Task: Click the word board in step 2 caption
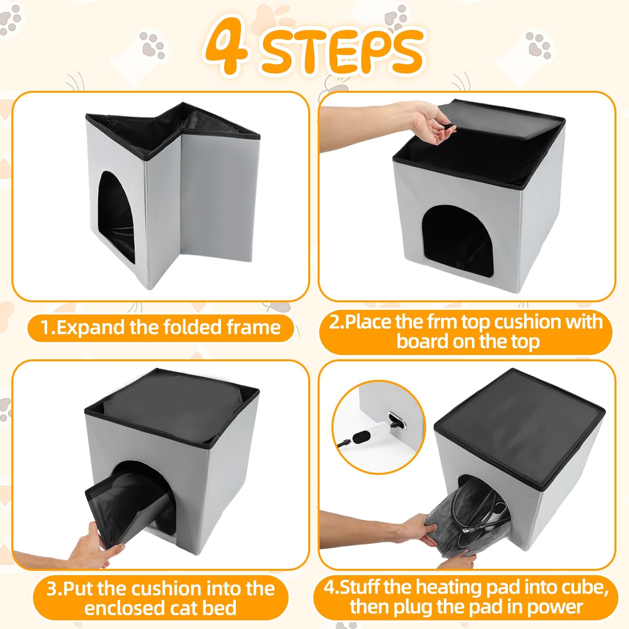point(422,341)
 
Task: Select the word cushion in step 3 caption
point(167,589)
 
